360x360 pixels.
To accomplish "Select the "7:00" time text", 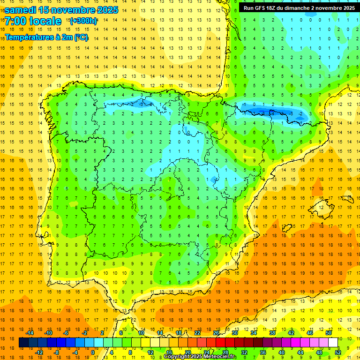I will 17,21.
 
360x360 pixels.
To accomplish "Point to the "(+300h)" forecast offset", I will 83,21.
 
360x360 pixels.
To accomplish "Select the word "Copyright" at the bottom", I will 177,357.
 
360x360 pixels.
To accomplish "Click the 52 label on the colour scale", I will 338,352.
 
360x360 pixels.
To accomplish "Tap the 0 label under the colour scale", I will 93,352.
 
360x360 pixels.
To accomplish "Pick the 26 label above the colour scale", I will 216,333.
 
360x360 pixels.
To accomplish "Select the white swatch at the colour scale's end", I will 333,343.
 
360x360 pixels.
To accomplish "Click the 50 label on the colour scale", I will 329,333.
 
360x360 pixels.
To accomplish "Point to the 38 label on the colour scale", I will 272,333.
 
